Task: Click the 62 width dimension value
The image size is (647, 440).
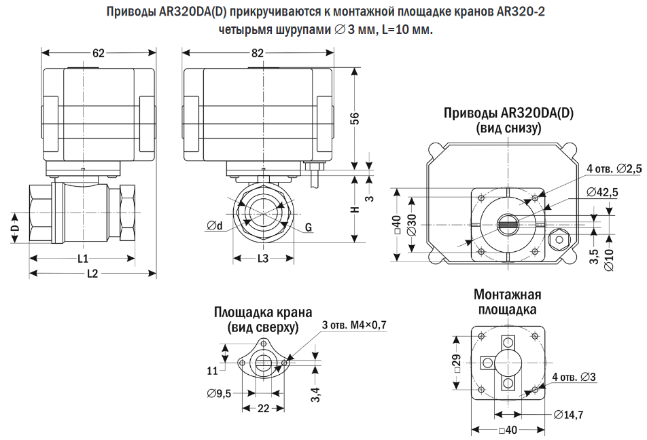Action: (x=98, y=54)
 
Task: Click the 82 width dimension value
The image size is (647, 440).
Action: (x=258, y=54)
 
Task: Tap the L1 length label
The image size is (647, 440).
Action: (x=82, y=259)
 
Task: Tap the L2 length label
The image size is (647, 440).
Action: (x=93, y=274)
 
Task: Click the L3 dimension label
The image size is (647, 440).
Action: (x=262, y=259)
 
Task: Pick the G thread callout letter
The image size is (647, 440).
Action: (x=308, y=227)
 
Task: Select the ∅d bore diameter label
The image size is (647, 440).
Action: (x=215, y=226)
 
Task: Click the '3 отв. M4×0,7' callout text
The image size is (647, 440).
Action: (x=353, y=325)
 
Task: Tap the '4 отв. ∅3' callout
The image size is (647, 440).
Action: (x=574, y=377)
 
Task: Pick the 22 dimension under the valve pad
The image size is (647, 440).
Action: (x=264, y=408)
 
